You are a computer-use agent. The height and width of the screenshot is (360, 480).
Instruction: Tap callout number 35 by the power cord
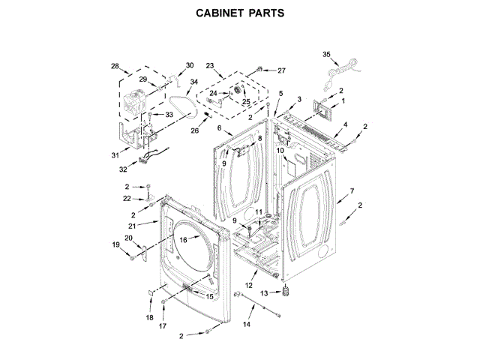(x=326, y=54)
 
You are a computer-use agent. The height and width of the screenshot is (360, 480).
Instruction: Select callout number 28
(x=115, y=67)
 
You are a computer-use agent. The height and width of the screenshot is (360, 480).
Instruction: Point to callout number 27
(x=282, y=70)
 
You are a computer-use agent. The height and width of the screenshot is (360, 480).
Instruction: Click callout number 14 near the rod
(x=246, y=324)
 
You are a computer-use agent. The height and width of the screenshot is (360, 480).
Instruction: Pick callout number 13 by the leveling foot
(x=265, y=292)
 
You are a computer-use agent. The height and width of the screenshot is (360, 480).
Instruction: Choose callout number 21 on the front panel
(x=132, y=226)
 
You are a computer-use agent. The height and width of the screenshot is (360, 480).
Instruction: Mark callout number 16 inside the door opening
(x=182, y=239)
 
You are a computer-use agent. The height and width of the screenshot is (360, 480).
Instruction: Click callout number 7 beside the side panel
(x=352, y=191)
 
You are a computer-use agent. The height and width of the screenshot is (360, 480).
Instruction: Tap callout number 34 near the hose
(x=193, y=82)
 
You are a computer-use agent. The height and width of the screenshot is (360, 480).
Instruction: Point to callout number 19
(x=116, y=244)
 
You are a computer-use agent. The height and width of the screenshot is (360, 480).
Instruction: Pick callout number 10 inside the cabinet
(x=279, y=151)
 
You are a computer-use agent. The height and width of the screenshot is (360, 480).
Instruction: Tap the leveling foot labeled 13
(x=285, y=291)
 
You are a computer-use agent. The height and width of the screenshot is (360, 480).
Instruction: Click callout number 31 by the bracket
(x=115, y=155)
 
